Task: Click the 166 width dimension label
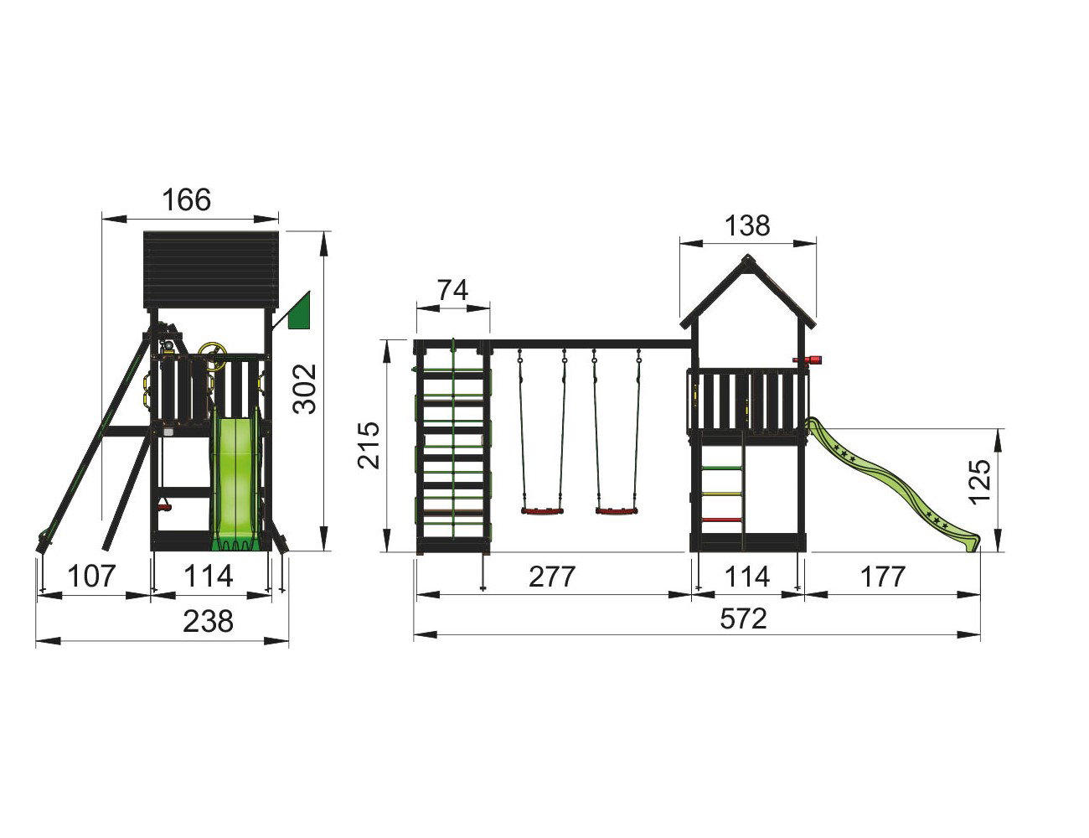coord(187,199)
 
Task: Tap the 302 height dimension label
coord(305,389)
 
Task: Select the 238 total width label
coord(208,621)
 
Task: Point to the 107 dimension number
coord(91,576)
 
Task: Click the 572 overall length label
coord(743,618)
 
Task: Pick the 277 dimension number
coord(552,577)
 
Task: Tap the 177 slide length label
coord(883,577)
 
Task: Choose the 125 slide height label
coord(978,482)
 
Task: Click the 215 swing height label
coord(369,446)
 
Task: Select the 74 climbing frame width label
coord(452,290)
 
